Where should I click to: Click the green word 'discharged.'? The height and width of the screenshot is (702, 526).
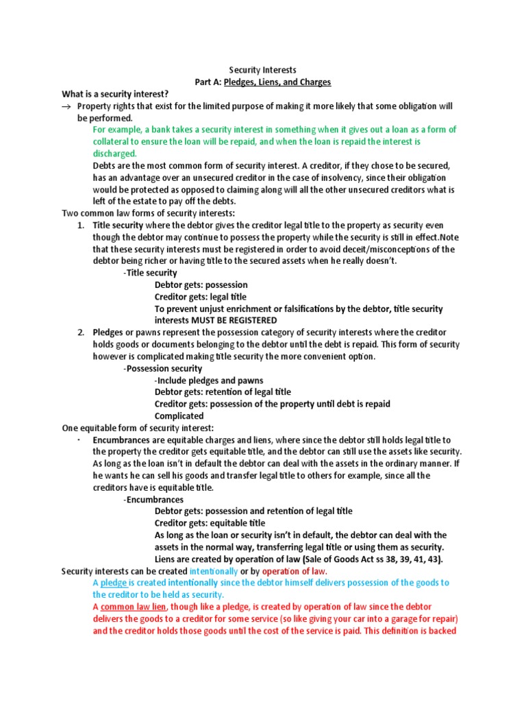[x=115, y=154]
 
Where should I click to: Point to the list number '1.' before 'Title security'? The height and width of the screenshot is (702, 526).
[x=80, y=226]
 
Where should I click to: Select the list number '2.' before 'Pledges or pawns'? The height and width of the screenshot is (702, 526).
[x=80, y=332]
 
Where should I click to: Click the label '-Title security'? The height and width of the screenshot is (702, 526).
[x=150, y=273]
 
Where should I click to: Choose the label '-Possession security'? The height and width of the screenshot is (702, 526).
[x=162, y=368]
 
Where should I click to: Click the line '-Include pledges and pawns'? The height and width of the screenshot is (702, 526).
[x=209, y=380]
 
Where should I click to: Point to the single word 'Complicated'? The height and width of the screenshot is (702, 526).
[x=179, y=416]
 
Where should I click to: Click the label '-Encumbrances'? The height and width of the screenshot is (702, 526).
[x=153, y=500]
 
